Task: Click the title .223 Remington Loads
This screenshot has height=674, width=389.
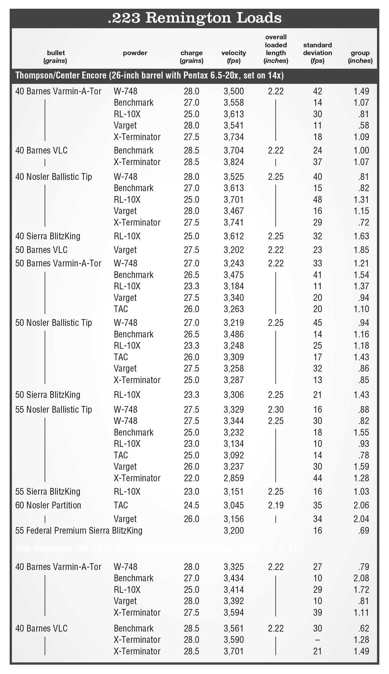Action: (x=194, y=18)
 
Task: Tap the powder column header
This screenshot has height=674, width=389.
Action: (x=135, y=53)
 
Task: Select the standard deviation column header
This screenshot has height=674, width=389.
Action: (x=317, y=53)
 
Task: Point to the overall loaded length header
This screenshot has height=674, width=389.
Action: (x=276, y=49)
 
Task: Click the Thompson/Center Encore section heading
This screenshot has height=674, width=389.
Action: (x=149, y=76)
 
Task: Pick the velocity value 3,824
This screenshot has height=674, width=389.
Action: (x=234, y=162)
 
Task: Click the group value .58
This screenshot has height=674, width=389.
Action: (x=363, y=126)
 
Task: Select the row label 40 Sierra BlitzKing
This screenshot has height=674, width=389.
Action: (x=48, y=236)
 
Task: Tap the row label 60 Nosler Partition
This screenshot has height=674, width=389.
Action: (x=48, y=505)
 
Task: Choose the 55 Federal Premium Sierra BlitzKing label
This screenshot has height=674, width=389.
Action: (x=79, y=530)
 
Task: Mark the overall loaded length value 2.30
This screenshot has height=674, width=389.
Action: (x=276, y=409)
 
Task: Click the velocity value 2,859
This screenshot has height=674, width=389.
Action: (x=234, y=478)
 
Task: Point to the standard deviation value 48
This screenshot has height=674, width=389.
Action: (x=317, y=199)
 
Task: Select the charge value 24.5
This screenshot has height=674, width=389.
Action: (x=191, y=505)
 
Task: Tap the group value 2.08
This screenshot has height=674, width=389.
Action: (x=361, y=578)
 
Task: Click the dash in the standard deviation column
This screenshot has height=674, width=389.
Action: (x=317, y=640)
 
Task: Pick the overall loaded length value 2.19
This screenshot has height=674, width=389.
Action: (x=276, y=505)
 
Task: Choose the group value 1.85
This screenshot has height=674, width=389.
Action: (x=361, y=250)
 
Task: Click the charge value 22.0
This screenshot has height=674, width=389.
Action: (x=191, y=478)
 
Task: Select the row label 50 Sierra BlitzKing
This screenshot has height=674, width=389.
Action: (x=48, y=395)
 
